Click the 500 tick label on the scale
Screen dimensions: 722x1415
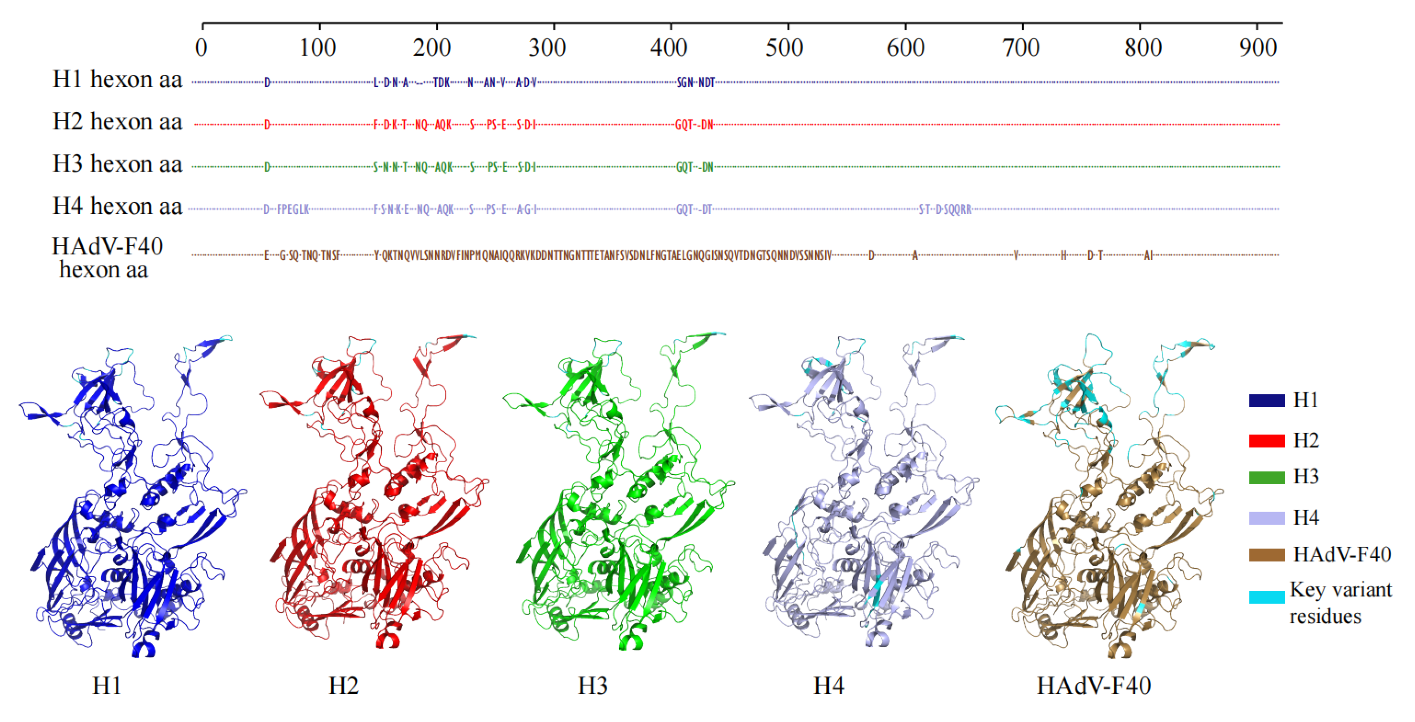click(x=784, y=48)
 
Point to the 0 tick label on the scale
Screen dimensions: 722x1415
click(x=202, y=48)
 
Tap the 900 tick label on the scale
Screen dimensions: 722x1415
click(x=1258, y=48)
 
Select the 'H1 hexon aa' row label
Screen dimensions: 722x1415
click(x=117, y=80)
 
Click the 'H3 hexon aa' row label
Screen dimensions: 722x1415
click(x=117, y=164)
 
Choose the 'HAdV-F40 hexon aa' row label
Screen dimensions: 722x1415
click(x=107, y=258)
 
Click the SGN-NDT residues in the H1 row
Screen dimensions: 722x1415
click(x=695, y=83)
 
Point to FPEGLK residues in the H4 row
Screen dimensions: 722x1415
click(x=293, y=210)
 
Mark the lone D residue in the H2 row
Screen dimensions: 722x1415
click(x=267, y=125)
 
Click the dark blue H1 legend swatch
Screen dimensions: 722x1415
click(x=1267, y=400)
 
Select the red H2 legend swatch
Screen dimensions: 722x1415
click(x=1267, y=441)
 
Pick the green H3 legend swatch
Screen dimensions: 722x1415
click(x=1267, y=477)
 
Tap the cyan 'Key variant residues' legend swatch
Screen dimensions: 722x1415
click(x=1267, y=597)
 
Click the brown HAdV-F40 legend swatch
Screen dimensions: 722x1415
click(x=1267, y=555)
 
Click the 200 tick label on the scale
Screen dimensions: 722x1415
click(x=432, y=48)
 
